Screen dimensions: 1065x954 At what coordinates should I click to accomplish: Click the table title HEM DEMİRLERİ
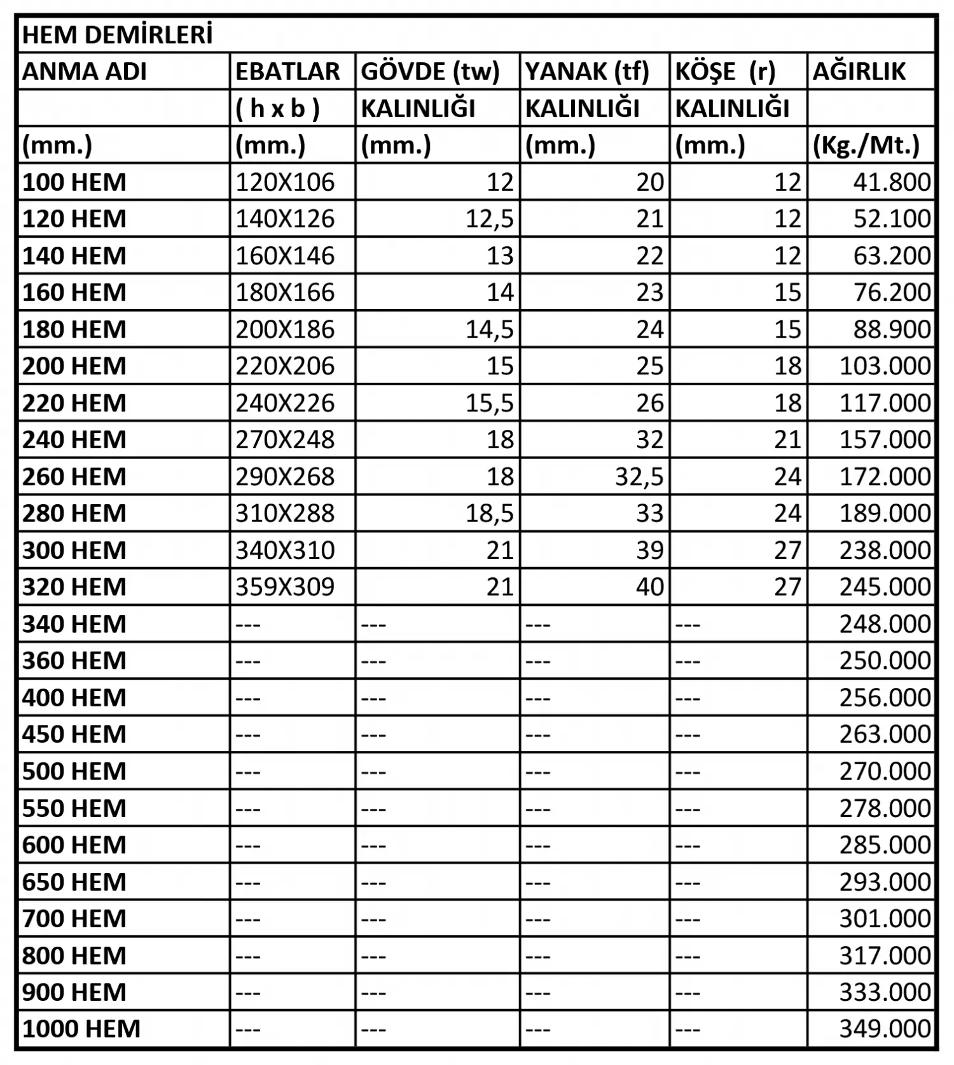(118, 35)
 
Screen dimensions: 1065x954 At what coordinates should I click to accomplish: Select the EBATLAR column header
(287, 72)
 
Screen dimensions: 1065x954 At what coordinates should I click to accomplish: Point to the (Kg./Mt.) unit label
(866, 146)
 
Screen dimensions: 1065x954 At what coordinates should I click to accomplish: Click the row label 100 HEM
(74, 182)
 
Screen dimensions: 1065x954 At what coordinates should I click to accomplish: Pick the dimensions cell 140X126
(285, 219)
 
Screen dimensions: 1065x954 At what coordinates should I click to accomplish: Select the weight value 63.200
(892, 256)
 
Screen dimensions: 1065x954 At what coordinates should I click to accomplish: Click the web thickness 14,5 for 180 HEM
(489, 329)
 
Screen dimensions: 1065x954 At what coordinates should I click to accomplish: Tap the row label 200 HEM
(74, 366)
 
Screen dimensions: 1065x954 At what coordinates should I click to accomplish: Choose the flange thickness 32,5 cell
(639, 477)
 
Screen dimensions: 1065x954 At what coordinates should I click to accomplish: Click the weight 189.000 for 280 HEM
(885, 513)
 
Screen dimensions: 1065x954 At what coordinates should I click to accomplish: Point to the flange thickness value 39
(650, 550)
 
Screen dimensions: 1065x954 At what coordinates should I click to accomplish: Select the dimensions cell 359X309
(285, 587)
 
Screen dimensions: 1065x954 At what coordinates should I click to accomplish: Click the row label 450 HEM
(74, 734)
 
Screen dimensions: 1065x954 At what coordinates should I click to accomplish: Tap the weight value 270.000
(885, 771)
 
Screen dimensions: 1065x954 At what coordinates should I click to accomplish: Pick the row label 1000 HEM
(81, 1029)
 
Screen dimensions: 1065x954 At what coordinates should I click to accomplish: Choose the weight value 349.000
(885, 1029)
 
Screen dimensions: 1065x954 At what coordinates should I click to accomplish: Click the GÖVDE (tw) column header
(430, 72)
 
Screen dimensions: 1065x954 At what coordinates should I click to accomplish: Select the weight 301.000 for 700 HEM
(885, 919)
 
